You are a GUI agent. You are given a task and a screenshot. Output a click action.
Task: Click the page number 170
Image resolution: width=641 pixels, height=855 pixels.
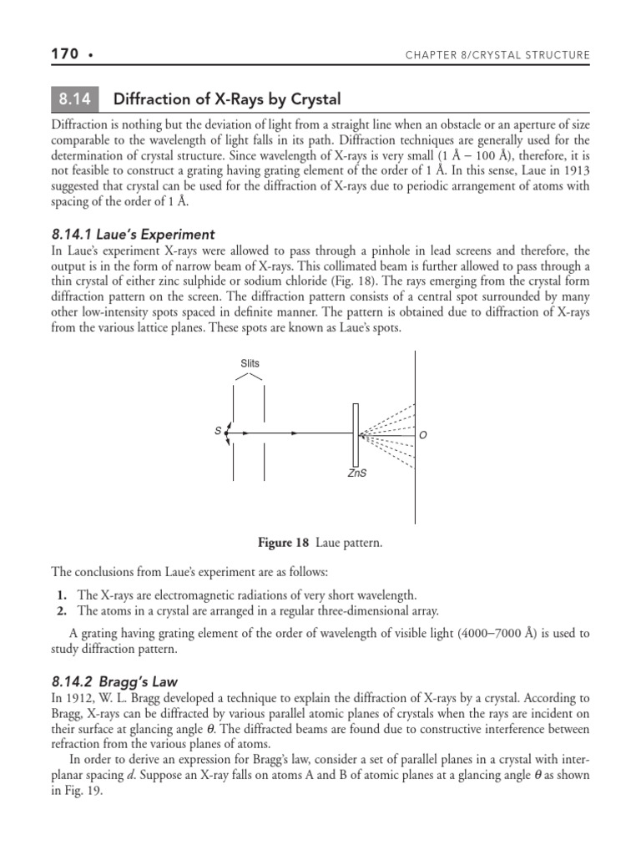click(x=64, y=54)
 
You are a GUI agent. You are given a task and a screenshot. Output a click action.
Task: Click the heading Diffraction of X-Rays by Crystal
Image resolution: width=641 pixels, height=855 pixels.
click(x=226, y=99)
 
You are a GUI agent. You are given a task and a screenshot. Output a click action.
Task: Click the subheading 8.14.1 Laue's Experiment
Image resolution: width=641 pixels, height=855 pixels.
click(x=133, y=235)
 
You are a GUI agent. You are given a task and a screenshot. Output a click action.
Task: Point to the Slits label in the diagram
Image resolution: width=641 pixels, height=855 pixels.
click(x=250, y=364)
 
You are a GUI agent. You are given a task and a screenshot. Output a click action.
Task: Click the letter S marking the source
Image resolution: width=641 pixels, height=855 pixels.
click(x=218, y=431)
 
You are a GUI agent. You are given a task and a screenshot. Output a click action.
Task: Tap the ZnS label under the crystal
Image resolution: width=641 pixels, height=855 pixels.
click(x=356, y=473)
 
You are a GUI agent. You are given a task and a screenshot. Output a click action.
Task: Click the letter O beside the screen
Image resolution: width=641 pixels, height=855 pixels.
click(x=423, y=435)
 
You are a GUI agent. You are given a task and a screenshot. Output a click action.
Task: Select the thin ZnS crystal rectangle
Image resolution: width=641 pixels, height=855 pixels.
click(x=356, y=433)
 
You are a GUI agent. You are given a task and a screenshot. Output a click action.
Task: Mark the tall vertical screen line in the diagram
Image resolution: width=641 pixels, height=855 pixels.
click(x=416, y=434)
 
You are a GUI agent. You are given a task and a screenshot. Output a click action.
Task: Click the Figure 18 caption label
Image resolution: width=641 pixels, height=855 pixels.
click(x=285, y=544)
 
